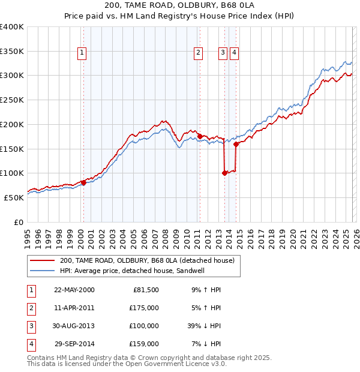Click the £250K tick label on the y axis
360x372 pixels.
click(12, 100)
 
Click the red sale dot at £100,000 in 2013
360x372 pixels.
click(224, 173)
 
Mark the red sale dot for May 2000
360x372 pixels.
click(84, 182)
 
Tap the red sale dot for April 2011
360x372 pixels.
click(200, 136)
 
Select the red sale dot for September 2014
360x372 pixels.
click(236, 144)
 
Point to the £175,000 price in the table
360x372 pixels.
click(145, 307)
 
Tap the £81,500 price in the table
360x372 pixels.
click(146, 289)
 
